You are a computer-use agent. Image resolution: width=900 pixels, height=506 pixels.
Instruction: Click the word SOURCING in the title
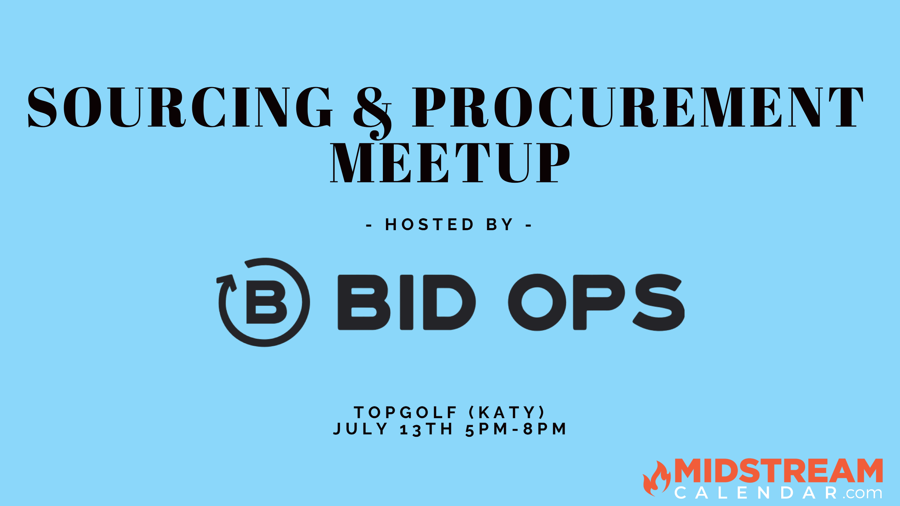(x=180, y=107)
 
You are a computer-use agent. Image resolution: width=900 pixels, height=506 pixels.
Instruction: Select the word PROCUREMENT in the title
(x=638, y=107)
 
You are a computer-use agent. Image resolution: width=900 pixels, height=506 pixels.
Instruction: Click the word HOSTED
(x=429, y=225)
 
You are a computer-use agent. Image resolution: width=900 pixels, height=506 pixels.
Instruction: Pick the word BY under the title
(x=500, y=225)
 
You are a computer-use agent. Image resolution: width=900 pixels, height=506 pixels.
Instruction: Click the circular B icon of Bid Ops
(x=264, y=302)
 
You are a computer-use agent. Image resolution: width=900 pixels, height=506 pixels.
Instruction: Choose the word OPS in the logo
(x=596, y=302)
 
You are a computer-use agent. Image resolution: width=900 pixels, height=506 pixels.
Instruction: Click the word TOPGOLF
(x=405, y=413)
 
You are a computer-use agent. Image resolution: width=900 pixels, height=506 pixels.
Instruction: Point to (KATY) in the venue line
(x=507, y=413)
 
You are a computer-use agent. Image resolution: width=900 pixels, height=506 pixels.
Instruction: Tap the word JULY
(x=360, y=429)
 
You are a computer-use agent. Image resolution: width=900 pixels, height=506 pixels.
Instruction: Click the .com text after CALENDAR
(x=862, y=494)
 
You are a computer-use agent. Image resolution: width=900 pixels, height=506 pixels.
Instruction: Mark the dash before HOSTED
(x=369, y=226)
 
